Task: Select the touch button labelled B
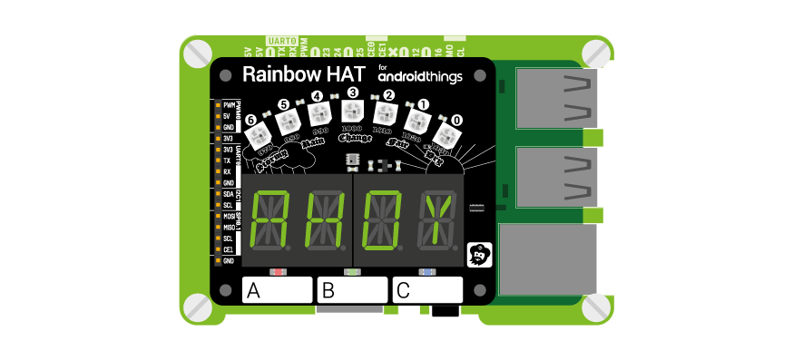point(351,290)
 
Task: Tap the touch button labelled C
point(427,290)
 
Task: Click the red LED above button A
point(279,271)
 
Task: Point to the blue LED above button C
point(426,271)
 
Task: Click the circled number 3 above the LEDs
point(352,92)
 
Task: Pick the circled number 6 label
point(251,119)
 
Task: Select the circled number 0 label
point(456,119)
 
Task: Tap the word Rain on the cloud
point(312,143)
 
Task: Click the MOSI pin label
point(229,217)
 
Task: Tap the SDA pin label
point(229,194)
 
